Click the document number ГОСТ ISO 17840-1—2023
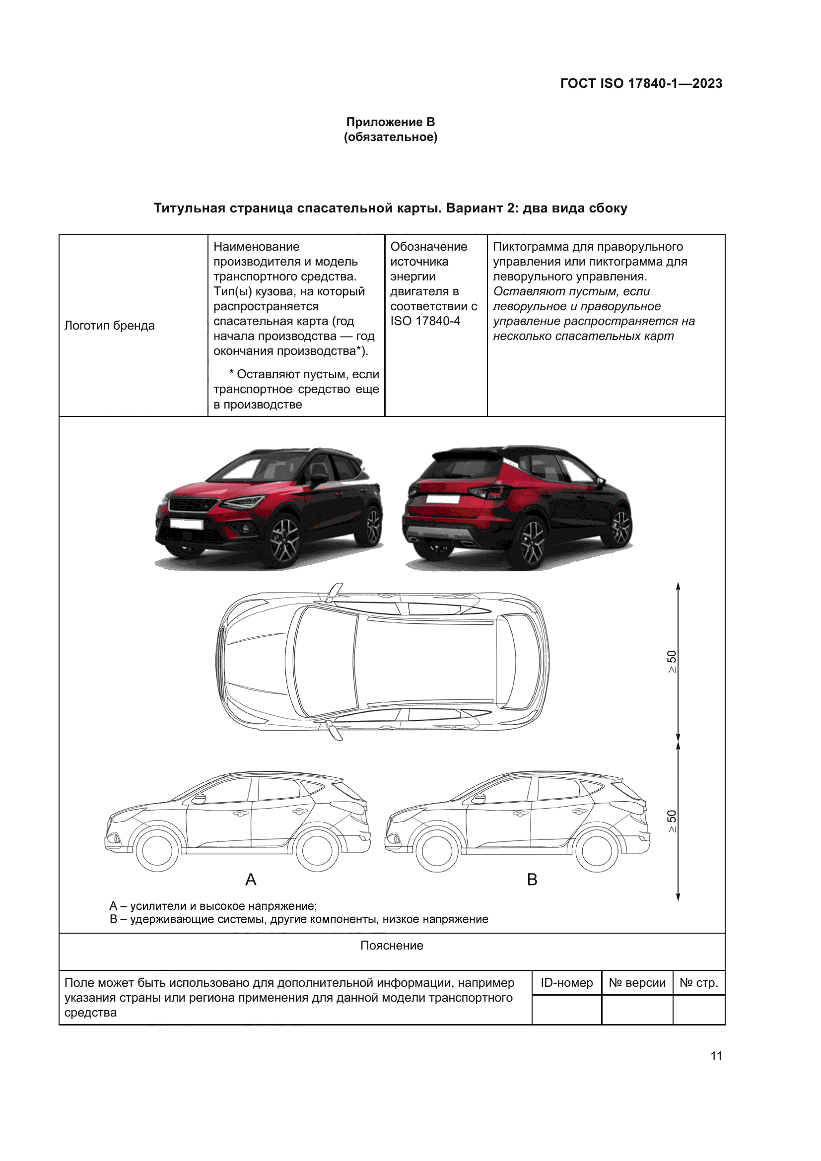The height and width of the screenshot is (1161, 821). pyautogui.click(x=641, y=83)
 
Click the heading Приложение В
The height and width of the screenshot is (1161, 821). pyautogui.click(x=390, y=122)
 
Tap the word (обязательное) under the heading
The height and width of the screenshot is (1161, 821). pyautogui.click(x=390, y=137)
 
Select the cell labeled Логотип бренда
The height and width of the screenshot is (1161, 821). pyautogui.click(x=109, y=326)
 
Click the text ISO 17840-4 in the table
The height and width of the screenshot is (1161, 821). pyautogui.click(x=425, y=321)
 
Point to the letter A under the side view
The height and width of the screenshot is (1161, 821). pyautogui.click(x=251, y=880)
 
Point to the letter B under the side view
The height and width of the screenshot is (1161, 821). pyautogui.click(x=532, y=880)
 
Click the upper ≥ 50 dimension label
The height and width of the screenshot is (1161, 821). pyautogui.click(x=672, y=661)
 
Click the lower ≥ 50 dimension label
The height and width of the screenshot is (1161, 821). pyautogui.click(x=672, y=821)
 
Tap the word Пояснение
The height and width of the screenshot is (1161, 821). pyautogui.click(x=392, y=946)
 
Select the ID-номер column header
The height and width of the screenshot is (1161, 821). pyautogui.click(x=567, y=983)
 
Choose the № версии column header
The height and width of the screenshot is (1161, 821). pyautogui.click(x=637, y=983)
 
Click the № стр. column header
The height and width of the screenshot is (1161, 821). pyautogui.click(x=699, y=983)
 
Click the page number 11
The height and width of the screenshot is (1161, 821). pyautogui.click(x=716, y=1056)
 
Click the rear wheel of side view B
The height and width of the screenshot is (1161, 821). pyautogui.click(x=597, y=851)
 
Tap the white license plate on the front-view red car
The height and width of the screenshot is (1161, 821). pyautogui.click(x=186, y=524)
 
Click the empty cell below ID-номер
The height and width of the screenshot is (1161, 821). pyautogui.click(x=567, y=1010)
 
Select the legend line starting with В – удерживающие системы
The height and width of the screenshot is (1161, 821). pyautogui.click(x=299, y=919)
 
